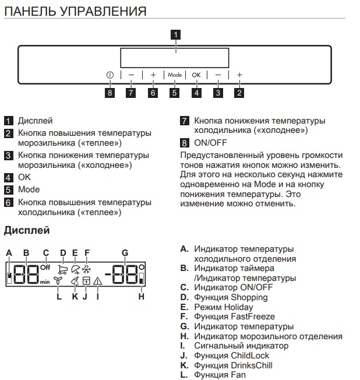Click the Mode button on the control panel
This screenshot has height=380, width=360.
point(175,75)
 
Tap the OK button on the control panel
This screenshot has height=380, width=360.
point(196,75)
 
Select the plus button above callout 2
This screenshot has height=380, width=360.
point(239,75)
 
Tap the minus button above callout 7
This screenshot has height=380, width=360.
point(131,75)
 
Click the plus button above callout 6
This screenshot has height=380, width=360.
point(153,75)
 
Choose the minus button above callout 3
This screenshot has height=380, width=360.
point(218,75)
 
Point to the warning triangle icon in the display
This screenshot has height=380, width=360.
point(97,281)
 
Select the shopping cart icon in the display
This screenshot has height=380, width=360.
point(63,269)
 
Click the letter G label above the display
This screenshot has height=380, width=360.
point(125,253)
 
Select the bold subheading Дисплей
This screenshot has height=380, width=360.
point(27,230)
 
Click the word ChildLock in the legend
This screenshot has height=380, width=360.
point(250,356)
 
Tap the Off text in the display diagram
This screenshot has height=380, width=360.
point(45,268)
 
